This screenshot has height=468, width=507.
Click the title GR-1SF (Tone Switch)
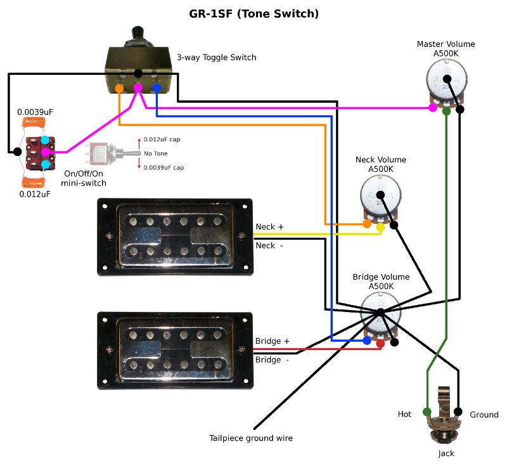tap(253, 13)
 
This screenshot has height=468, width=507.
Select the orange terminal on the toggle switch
tap(120, 88)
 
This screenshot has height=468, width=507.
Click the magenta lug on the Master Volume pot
tap(432, 108)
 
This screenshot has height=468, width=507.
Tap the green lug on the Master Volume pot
tap(447, 111)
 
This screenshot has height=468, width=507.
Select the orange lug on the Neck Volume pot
tap(367, 224)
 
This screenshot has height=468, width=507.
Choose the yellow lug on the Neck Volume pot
tap(380, 226)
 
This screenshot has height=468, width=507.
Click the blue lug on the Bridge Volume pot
tap(367, 341)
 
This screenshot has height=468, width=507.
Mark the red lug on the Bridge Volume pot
tap(380, 343)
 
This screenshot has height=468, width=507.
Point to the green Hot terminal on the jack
tap(427, 412)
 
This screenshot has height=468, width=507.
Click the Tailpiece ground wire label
tap(251, 438)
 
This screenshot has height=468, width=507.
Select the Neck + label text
tap(270, 226)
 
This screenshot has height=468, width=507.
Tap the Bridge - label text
tap(272, 360)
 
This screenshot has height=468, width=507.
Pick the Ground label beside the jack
tap(484, 415)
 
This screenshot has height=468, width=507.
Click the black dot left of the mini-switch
tap(17, 152)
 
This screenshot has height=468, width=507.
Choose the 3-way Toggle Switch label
tap(216, 57)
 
